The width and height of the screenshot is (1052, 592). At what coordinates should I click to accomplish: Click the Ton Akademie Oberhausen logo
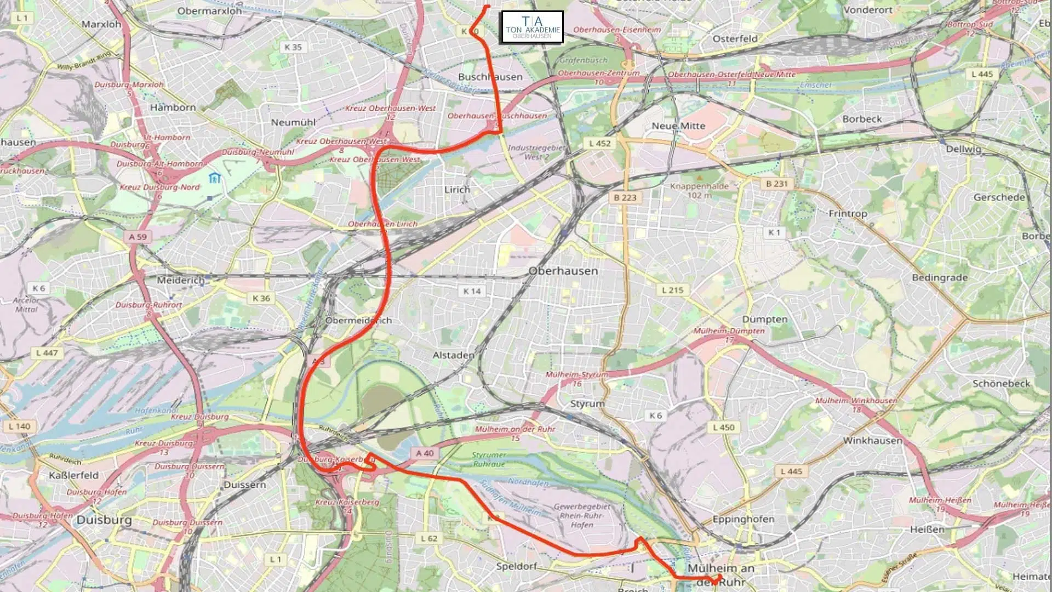pos(532,27)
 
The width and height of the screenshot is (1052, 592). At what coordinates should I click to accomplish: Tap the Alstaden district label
pos(453,355)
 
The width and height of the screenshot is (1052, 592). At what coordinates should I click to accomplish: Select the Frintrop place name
pos(848,213)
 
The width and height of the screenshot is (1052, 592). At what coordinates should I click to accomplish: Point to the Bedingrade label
pos(939,277)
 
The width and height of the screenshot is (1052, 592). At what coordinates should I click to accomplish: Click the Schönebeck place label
pos(1001,384)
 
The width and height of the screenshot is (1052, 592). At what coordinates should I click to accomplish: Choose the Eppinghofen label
pos(743,519)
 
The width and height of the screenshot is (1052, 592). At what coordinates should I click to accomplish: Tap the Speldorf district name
pos(516,566)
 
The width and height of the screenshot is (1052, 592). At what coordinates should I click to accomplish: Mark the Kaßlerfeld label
pos(73,475)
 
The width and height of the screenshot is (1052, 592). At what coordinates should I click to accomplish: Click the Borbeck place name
pos(862,119)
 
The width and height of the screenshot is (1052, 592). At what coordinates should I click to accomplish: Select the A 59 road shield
pos(138,237)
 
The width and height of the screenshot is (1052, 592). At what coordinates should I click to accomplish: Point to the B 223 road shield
pos(625,197)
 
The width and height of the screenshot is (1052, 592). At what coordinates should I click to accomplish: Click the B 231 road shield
pos(776,184)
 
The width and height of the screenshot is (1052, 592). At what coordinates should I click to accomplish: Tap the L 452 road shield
pos(599,143)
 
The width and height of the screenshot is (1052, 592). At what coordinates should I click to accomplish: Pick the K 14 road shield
pos(472,291)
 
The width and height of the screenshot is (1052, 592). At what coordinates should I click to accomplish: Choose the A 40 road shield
pos(425,453)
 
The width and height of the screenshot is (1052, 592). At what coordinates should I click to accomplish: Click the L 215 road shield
pos(672,290)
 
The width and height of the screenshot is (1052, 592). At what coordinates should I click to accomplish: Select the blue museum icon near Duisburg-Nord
pos(215,178)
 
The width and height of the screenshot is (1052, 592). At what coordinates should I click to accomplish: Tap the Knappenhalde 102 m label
pos(700,190)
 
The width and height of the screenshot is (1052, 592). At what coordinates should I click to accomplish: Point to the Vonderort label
pos(868,10)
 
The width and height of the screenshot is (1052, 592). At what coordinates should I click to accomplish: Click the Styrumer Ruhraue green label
pos(489,459)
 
